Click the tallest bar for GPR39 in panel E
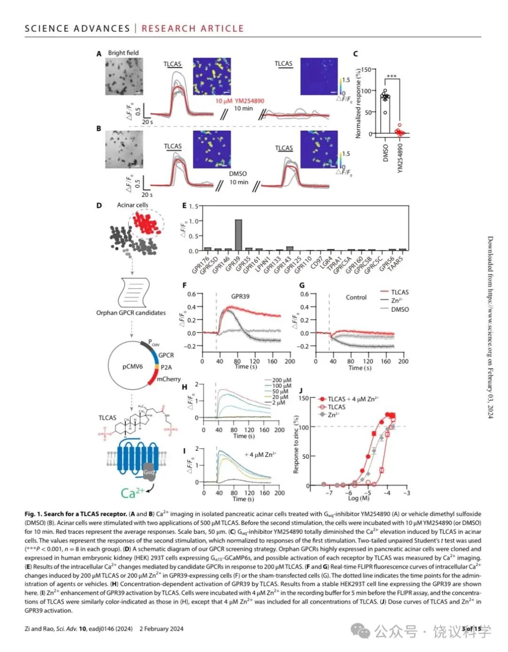tap(238, 235)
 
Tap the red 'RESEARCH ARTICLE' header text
tap(192, 28)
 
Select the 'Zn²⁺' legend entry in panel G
tap(397, 300)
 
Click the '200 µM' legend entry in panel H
tap(281, 380)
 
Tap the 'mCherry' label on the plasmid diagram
tap(168, 379)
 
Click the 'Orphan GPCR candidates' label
tap(131, 313)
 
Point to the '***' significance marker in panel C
tap(391, 77)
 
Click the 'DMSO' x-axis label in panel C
tap(386, 153)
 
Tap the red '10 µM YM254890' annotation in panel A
tap(240, 101)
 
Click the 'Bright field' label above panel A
tap(123, 53)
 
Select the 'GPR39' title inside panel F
tap(240, 297)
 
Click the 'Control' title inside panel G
tap(356, 297)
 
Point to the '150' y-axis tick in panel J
tap(303, 398)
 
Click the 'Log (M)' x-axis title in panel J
tap(358, 498)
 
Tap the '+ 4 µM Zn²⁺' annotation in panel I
tap(260, 455)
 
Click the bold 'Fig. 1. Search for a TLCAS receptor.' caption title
tap(76, 514)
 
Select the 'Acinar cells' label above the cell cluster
tap(132, 205)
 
